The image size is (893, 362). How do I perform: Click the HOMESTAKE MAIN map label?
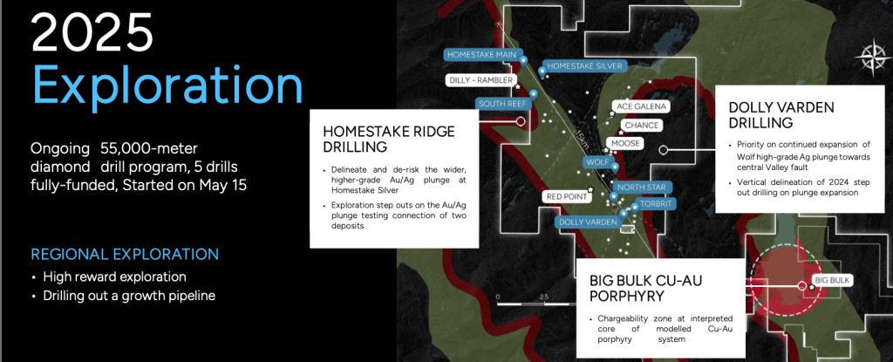pos(481,55)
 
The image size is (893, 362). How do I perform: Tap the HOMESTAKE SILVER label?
pos(584,65)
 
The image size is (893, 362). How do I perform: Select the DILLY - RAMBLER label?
pos(481,80)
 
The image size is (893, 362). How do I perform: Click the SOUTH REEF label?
pos(504,104)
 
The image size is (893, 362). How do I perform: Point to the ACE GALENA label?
pos(640,106)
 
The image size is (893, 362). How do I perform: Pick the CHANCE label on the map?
pos(641,126)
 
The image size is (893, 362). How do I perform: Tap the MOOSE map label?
pos(625,144)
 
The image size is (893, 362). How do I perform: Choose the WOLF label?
pos(598,162)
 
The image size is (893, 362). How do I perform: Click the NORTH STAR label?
pos(637,187)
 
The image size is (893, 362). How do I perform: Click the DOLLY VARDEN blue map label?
pos(589,222)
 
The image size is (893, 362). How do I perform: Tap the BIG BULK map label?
pos(832,281)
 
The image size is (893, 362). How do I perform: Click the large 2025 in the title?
pos(92,34)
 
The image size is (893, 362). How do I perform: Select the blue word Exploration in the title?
pos(167,85)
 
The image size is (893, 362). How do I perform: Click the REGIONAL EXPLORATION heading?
pos(125,254)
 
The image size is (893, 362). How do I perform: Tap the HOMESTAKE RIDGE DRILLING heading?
pos(389,139)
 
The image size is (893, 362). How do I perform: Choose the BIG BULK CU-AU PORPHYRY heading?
pos(646,288)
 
